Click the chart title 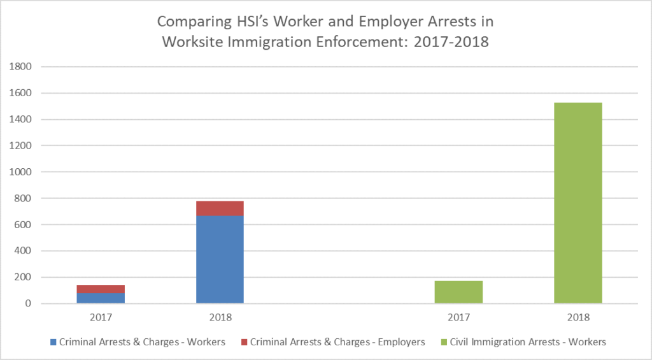325,32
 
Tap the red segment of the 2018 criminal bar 220,208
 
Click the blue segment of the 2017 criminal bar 101,298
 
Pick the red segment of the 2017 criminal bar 101,289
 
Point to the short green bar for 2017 458,292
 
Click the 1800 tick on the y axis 23,67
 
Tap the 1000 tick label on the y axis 23,172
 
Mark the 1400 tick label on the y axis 23,120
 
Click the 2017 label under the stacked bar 101,317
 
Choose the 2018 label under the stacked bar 220,317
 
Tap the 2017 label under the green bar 458,317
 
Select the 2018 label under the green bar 578,317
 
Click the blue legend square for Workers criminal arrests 53,342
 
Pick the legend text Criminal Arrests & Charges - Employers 337,342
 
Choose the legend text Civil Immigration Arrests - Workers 528,342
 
